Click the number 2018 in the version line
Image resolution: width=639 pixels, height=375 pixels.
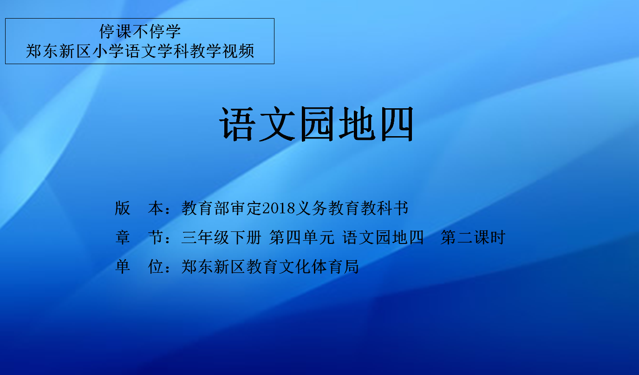point(279,208)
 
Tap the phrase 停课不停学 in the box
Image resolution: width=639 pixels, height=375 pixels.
point(140,32)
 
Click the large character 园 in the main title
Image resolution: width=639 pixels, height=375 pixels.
point(317,124)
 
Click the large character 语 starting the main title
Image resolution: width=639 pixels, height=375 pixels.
point(236,124)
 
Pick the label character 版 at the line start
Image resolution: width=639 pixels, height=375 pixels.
point(123,208)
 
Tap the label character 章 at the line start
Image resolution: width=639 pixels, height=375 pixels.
point(123,237)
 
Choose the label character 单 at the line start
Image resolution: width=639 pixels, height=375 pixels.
point(123,267)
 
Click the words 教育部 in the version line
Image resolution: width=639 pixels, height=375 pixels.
point(206,208)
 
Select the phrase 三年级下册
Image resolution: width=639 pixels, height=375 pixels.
point(222,237)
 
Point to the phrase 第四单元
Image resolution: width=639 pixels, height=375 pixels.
point(302,237)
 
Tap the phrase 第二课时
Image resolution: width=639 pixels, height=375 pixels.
point(473,237)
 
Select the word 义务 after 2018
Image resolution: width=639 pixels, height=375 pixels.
point(311,208)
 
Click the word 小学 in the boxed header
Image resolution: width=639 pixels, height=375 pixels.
point(108,52)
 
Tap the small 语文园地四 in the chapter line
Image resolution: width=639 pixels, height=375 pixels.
point(383,237)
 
